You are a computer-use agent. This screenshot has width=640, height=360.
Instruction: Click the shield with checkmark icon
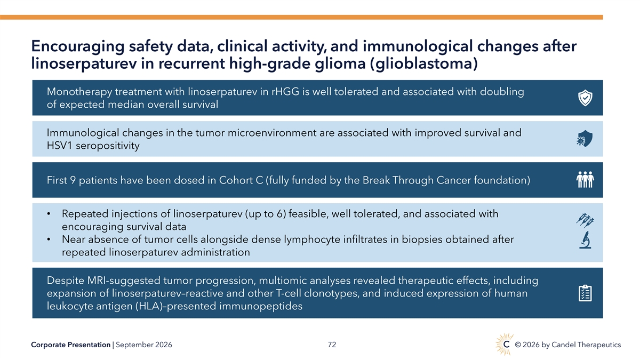point(585,98)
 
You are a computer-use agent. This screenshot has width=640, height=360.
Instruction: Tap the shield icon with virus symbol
point(585,139)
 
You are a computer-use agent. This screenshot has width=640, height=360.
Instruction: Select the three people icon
point(585,180)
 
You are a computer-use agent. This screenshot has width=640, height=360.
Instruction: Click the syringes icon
point(585,220)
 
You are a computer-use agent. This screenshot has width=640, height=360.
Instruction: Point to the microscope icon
point(585,241)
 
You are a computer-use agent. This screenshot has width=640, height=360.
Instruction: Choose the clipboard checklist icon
point(585,293)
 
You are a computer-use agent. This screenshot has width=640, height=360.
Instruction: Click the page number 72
point(332,345)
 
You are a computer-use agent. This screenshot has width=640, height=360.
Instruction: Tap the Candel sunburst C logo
point(505,345)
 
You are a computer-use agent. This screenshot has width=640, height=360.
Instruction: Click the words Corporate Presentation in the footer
point(70,345)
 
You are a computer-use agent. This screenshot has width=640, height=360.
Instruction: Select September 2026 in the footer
point(143,345)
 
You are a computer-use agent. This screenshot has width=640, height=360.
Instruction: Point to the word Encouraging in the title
point(78,46)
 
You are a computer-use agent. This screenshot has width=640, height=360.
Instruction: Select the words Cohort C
point(241,180)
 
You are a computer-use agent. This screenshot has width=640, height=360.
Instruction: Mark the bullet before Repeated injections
point(49,214)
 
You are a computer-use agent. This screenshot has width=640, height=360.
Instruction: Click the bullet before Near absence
point(49,239)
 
